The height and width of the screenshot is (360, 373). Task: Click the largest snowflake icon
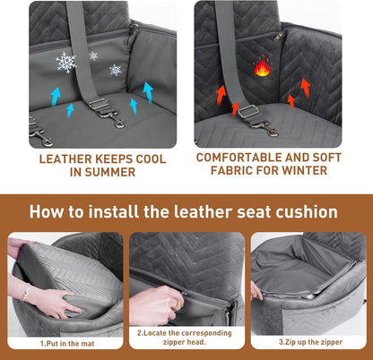(x=66, y=62)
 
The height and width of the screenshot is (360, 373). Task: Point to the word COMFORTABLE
(x=238, y=158)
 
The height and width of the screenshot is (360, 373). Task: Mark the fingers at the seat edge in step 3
(x=256, y=290)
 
